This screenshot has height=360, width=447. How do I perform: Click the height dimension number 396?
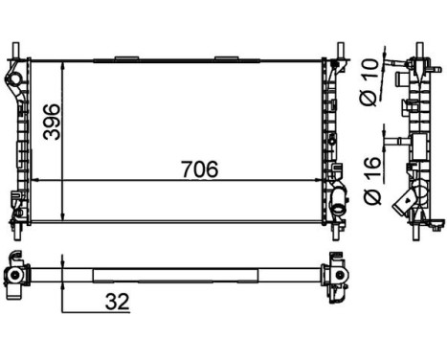pyautogui.click(x=54, y=122)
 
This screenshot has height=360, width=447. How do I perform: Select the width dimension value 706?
pyautogui.click(x=200, y=169)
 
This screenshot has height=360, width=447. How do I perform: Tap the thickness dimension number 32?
pyautogui.click(x=115, y=302)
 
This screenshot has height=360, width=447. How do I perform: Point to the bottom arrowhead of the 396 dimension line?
pyautogui.click(x=63, y=216)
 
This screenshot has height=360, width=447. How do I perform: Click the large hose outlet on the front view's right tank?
pyautogui.click(x=339, y=203)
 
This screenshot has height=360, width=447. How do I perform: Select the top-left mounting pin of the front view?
pyautogui.click(x=16, y=49)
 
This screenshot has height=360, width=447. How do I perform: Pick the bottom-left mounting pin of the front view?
pyautogui.click(x=16, y=231)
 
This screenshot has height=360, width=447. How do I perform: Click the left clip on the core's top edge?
pyautogui.click(x=125, y=58)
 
